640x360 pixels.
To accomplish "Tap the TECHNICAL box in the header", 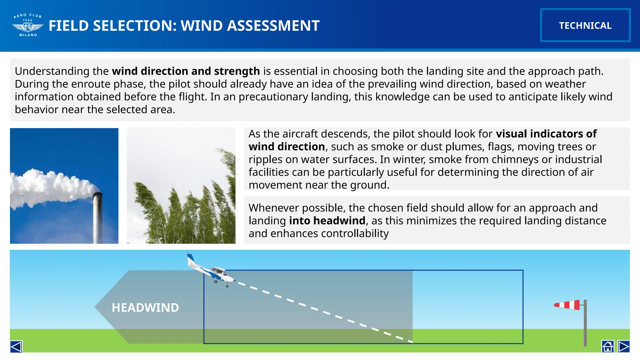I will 585,25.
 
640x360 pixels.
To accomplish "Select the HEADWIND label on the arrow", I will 145,307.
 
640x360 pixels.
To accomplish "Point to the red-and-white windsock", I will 567,305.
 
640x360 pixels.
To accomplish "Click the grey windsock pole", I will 585,325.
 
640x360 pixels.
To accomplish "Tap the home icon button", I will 607,347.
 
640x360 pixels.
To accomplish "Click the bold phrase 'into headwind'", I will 327,221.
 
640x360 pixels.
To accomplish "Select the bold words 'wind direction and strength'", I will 186,71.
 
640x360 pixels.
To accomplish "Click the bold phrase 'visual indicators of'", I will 546,134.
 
